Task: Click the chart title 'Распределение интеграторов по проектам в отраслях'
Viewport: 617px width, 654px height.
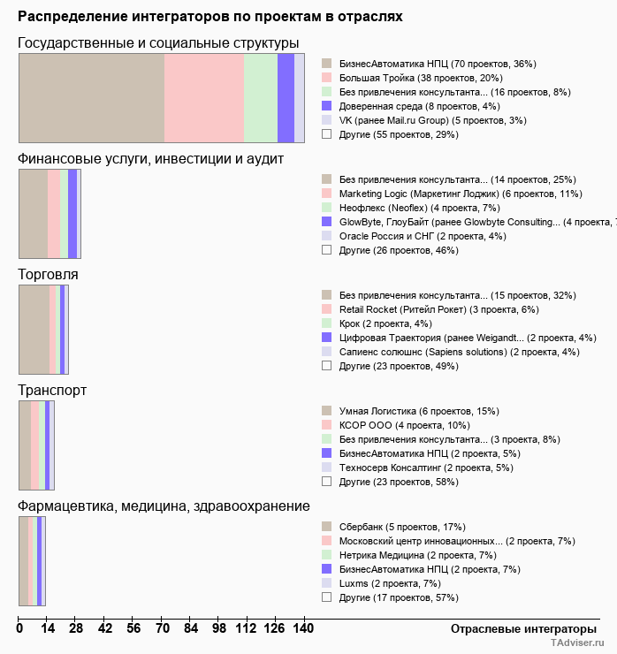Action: (x=209, y=17)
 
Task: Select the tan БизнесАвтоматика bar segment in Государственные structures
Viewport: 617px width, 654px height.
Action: (x=92, y=97)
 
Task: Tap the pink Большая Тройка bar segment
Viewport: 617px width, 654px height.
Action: (x=204, y=97)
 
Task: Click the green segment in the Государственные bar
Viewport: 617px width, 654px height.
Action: (x=260, y=97)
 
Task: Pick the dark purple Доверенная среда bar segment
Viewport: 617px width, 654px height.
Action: (x=286, y=97)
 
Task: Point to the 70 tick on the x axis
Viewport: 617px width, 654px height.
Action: (x=162, y=628)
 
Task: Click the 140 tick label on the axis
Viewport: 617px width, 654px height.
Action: (x=304, y=628)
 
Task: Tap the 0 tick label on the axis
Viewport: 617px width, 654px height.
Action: (x=19, y=628)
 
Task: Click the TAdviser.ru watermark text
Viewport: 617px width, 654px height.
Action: (x=577, y=643)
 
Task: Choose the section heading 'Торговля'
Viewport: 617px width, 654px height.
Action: (x=48, y=275)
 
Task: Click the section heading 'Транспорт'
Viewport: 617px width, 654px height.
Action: (x=52, y=390)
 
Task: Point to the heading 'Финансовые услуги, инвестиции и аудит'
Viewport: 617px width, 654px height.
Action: (x=150, y=159)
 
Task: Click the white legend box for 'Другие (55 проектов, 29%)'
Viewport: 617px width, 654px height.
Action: (x=326, y=134)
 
